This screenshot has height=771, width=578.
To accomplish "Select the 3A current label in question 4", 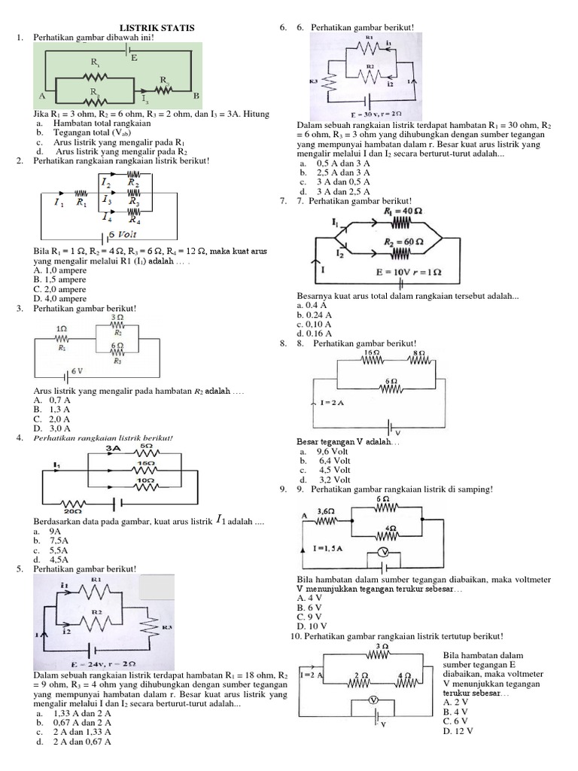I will click(x=114, y=448).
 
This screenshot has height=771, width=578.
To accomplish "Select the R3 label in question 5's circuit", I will click(x=166, y=626).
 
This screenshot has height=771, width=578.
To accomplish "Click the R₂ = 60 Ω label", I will click(x=400, y=242).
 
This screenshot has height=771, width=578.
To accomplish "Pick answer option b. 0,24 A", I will click(x=315, y=315).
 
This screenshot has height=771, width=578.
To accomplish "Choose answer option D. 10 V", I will click(x=312, y=626).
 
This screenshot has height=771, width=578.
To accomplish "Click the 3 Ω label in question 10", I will click(x=382, y=646).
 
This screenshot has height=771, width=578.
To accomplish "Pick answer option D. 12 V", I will click(x=457, y=731).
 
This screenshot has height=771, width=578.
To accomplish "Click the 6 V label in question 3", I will click(x=77, y=371).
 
